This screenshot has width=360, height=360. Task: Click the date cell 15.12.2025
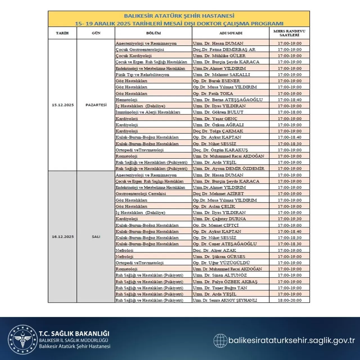click(x=63, y=105)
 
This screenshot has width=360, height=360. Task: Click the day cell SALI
click(x=96, y=237)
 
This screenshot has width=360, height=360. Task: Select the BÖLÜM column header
click(x=154, y=33)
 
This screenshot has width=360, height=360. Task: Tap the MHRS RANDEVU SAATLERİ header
click(x=289, y=33)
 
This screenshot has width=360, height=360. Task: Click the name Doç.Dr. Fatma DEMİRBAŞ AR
click(x=224, y=49)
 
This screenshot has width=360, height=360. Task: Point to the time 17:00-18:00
click(x=289, y=112)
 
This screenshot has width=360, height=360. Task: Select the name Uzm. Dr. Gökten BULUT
click(x=218, y=112)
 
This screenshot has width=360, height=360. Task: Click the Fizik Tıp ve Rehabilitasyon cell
click(x=142, y=75)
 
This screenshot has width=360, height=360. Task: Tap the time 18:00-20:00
click(x=289, y=300)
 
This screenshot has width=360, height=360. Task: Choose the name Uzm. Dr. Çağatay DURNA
click(x=219, y=219)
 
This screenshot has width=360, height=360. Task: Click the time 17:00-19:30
click(x=289, y=219)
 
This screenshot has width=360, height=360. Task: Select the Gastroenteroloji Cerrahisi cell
click(x=141, y=193)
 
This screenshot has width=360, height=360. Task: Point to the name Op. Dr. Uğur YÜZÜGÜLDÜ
click(x=221, y=263)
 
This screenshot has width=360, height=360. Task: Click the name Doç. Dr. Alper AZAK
click(x=214, y=250)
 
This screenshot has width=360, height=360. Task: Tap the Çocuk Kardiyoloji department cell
click(x=134, y=56)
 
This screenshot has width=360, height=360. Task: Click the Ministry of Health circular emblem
click(x=22, y=339)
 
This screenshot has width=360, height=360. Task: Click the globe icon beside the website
click(x=220, y=341)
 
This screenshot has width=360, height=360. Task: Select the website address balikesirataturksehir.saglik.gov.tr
click(x=291, y=341)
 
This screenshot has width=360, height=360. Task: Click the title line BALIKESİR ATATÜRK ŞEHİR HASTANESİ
click(x=179, y=16)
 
